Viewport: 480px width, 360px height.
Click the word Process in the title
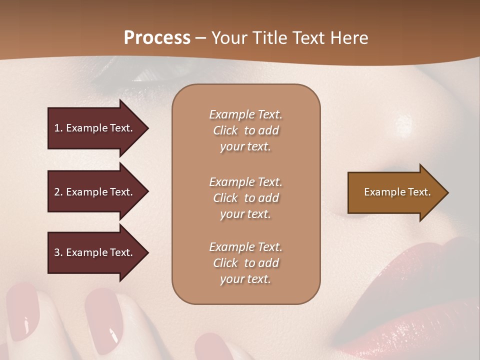tap(157, 38)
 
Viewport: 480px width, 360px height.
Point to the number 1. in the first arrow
tap(58, 128)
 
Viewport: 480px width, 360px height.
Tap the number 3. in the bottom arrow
tap(58, 253)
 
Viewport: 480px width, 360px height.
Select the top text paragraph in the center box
tap(245, 130)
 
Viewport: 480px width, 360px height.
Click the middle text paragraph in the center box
tap(245, 198)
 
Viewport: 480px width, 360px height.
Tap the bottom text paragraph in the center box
tap(245, 263)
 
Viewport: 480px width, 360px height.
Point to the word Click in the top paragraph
tap(225, 130)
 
